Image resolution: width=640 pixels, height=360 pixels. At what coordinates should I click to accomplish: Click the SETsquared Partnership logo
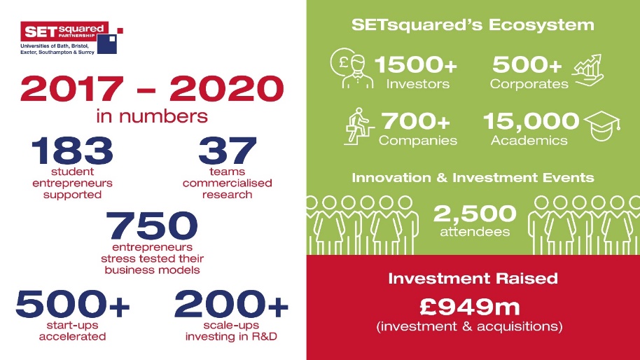tap(72, 38)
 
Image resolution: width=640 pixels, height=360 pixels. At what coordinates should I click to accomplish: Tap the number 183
tap(72, 151)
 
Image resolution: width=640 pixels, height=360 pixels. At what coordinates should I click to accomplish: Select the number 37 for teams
tap(228, 151)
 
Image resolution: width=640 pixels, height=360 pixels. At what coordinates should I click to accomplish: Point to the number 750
tap(152, 226)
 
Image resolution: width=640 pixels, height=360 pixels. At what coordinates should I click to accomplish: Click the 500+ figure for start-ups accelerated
tap(73, 304)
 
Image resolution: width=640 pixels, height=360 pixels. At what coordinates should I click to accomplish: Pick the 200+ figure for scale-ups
tap(231, 304)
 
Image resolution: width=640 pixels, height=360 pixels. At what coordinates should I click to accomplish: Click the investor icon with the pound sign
tap(352, 68)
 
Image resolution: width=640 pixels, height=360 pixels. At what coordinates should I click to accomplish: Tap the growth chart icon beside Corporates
tap(587, 70)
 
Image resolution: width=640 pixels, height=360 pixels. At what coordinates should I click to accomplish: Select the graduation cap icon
tap(602, 125)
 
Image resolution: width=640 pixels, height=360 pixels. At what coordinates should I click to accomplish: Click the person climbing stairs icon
tap(359, 126)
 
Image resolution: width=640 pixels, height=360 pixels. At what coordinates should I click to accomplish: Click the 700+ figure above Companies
tap(415, 121)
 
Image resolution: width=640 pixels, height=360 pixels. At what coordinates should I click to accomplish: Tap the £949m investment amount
tap(470, 307)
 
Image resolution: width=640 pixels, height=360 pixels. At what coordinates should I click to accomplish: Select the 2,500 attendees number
tap(475, 214)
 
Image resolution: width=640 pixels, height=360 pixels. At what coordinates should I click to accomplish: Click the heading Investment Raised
tap(473, 278)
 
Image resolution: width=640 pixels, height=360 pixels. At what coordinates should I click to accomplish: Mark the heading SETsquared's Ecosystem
tap(473, 25)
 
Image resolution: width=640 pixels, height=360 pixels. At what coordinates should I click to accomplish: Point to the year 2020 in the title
tap(227, 88)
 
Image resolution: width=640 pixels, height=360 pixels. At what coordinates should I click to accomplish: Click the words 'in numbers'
tap(152, 116)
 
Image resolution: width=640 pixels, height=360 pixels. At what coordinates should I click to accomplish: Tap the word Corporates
tap(529, 84)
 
